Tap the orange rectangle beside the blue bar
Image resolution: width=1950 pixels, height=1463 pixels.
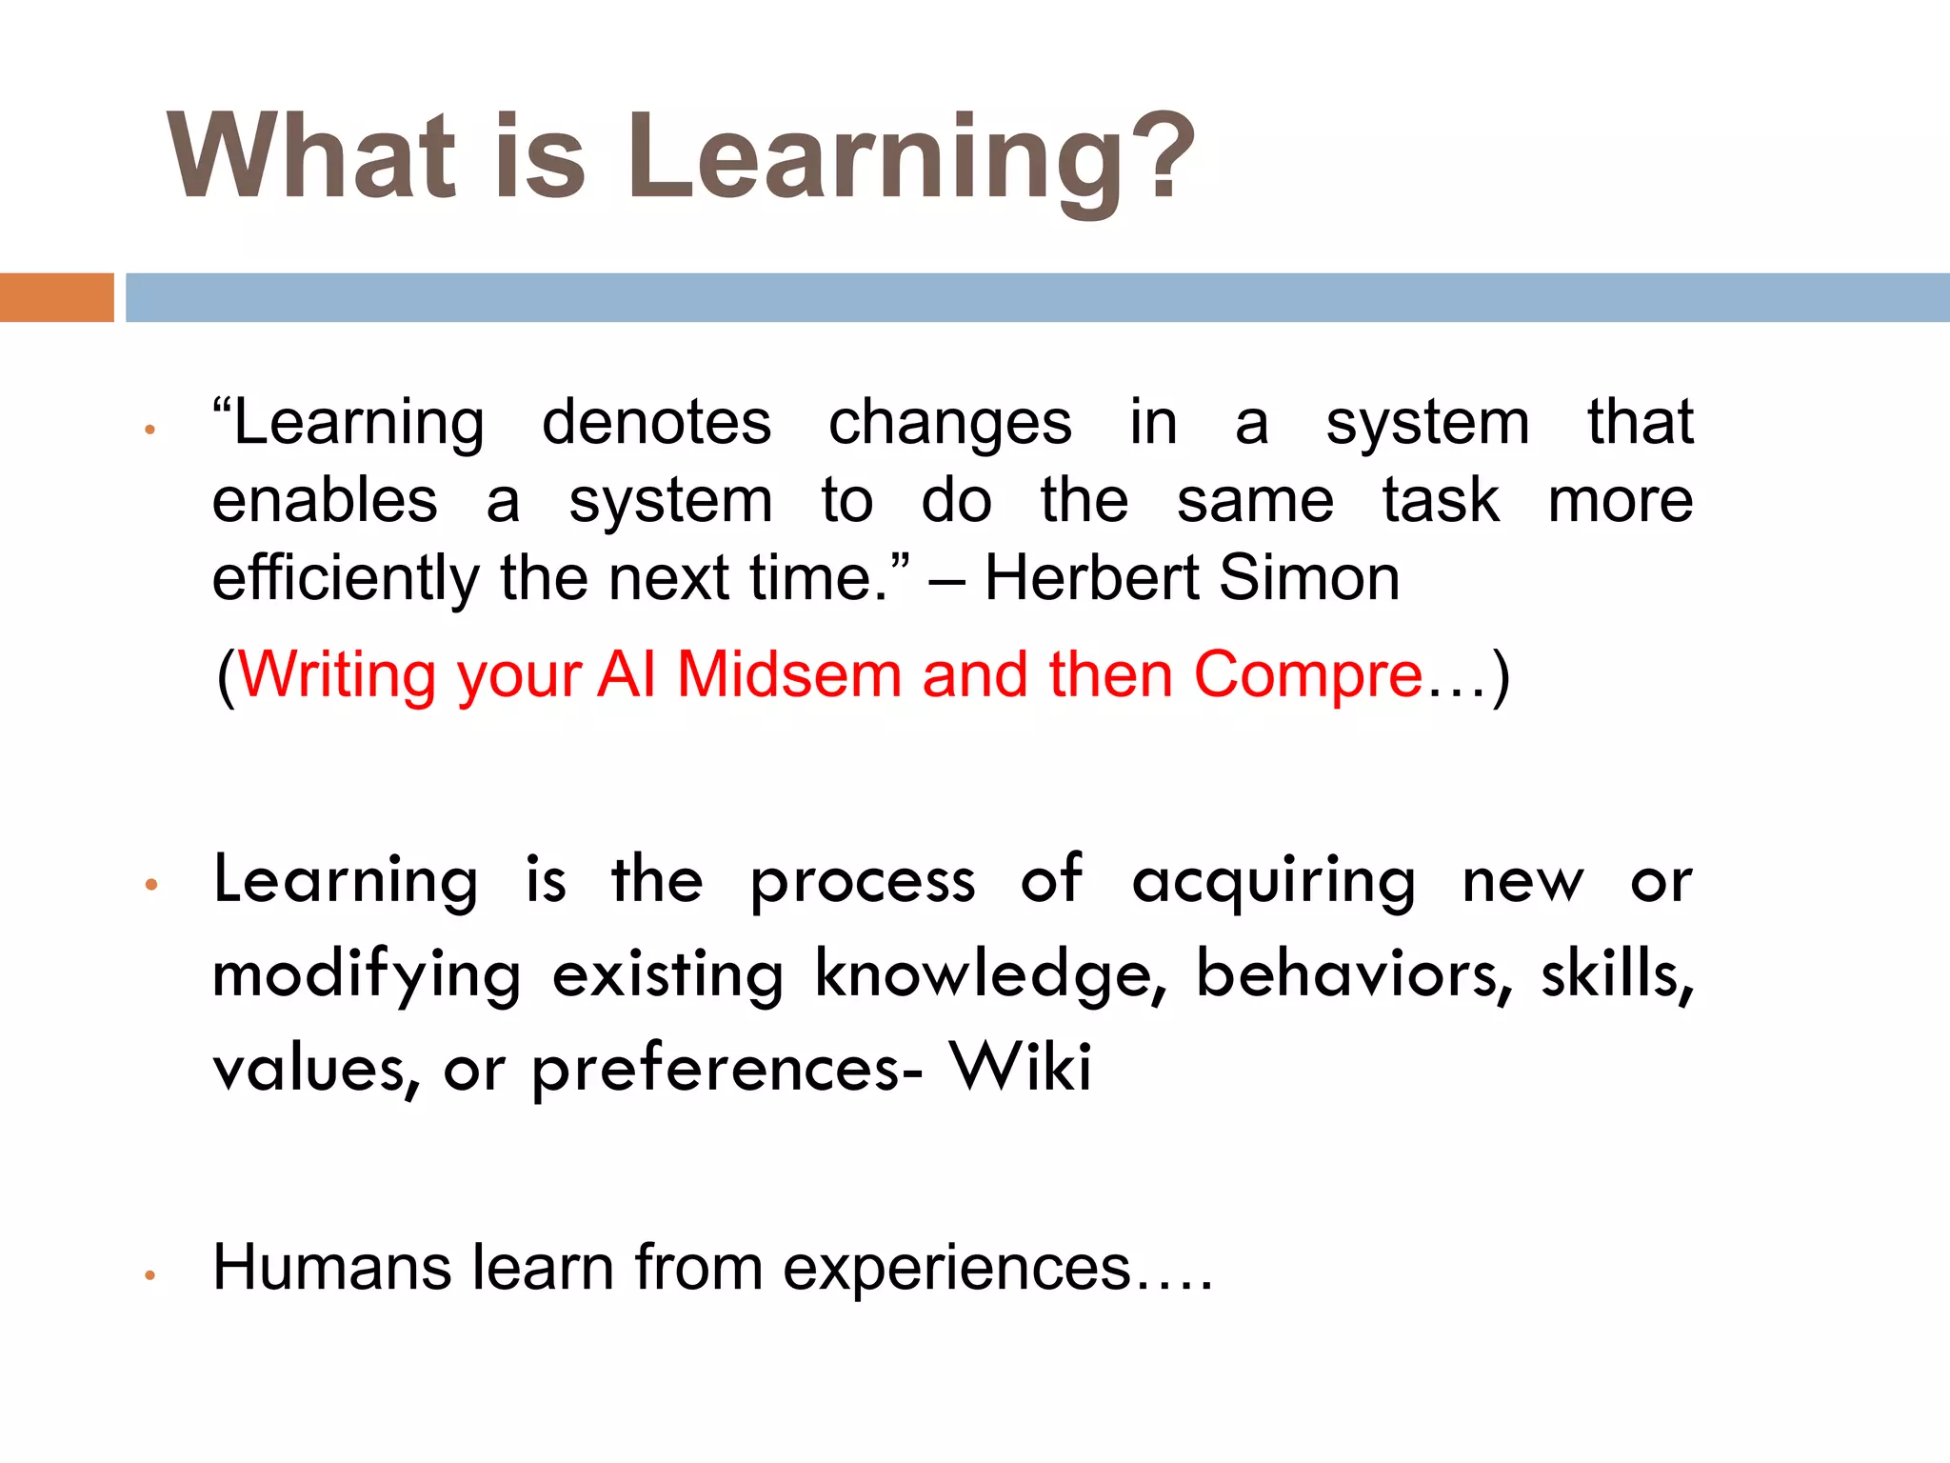coord(56,297)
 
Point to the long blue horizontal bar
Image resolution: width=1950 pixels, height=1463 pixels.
coord(1038,297)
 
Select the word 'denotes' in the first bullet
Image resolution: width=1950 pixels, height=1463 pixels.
coord(656,422)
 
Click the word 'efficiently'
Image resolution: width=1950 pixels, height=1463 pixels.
coord(346,578)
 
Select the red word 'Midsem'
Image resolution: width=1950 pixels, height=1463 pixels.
coord(788,674)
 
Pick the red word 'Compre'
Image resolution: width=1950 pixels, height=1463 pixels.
coord(1307,676)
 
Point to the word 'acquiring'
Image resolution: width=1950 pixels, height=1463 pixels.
coord(1273,881)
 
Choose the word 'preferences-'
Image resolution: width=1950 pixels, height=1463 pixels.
coord(726,1071)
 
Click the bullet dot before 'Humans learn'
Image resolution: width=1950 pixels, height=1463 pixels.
coord(149,1275)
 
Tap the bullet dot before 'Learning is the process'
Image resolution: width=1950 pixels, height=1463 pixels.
coord(150,886)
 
